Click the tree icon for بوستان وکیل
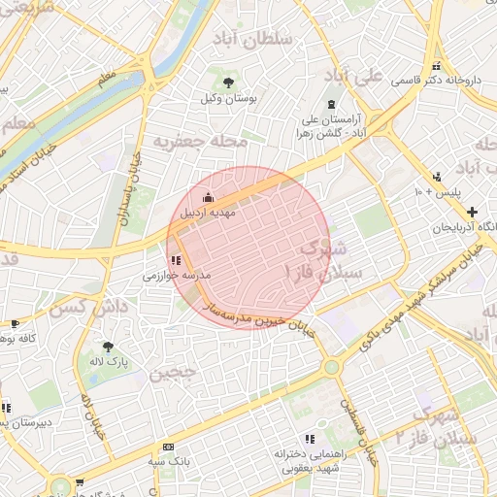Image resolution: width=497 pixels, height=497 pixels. [229, 83]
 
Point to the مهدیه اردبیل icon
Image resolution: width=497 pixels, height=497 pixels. [206, 198]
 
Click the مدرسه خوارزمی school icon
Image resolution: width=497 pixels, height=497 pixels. [175, 260]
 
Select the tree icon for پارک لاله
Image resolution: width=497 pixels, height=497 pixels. [107, 347]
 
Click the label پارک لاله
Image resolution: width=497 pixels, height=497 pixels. [107, 362]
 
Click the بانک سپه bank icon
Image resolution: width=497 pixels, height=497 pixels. [169, 447]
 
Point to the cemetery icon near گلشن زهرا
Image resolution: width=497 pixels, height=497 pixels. [332, 105]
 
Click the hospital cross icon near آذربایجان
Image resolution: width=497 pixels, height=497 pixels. [472, 212]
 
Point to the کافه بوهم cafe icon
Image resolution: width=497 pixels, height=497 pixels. [14, 323]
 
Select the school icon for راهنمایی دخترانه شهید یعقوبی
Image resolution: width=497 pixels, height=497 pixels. [310, 439]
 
